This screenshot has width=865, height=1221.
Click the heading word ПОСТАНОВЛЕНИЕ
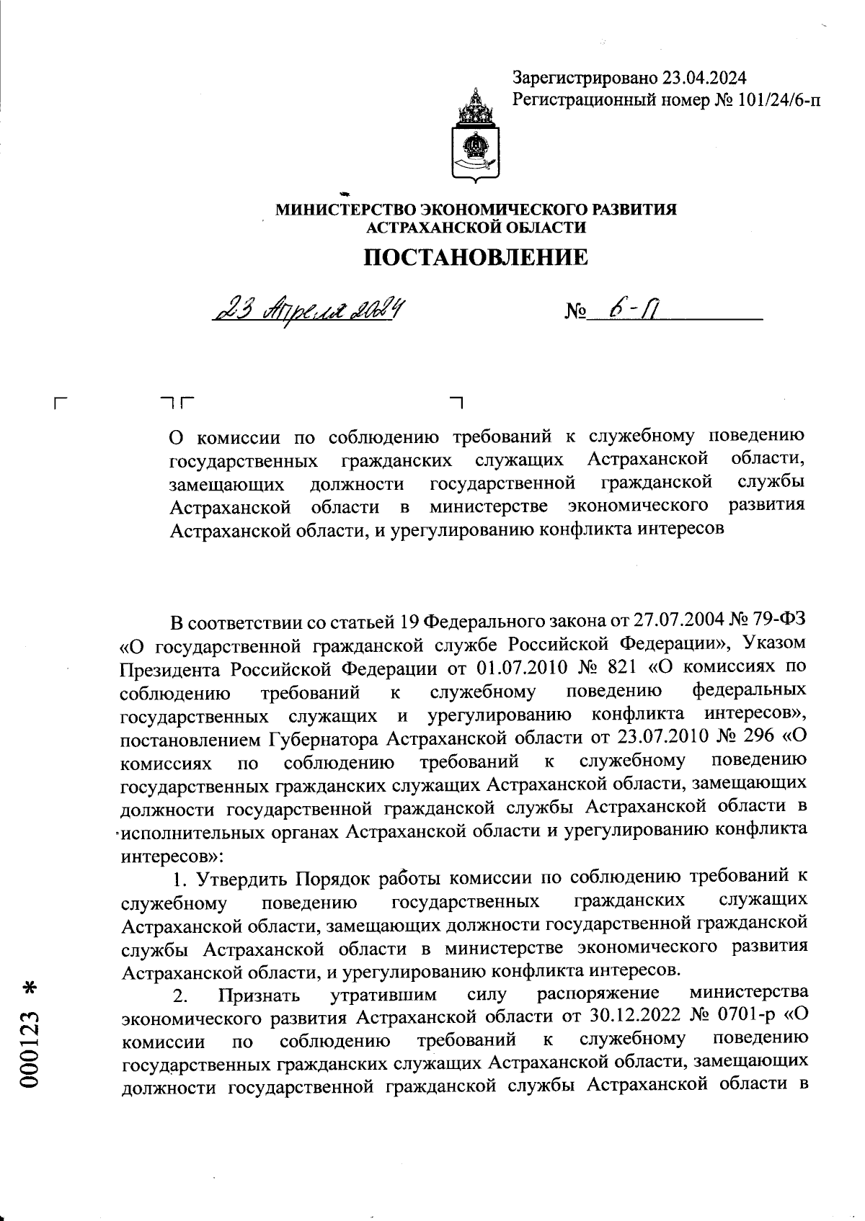pos(475,256)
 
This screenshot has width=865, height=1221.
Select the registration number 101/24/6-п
pos(778,100)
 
